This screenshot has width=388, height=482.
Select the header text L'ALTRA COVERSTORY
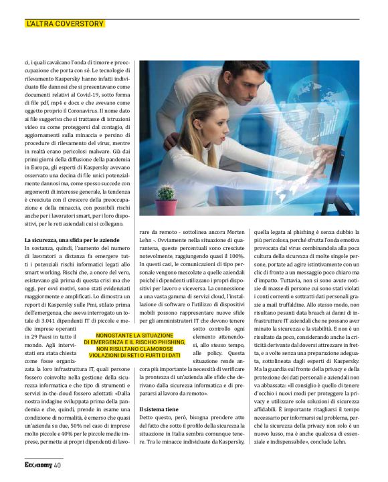click(x=65, y=24)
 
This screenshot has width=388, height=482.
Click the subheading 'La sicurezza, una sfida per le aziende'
click(x=72, y=240)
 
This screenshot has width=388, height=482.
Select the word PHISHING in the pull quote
click(x=166, y=342)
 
